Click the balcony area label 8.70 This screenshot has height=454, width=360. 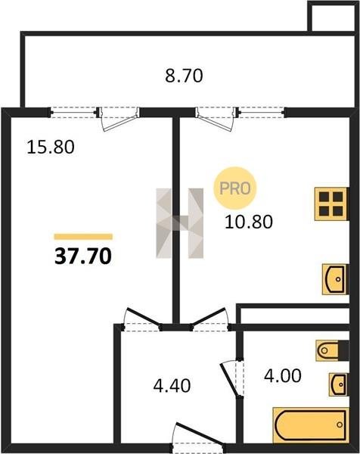[184, 76]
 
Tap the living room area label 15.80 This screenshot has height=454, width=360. [51, 147]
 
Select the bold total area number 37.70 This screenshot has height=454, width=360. [83, 257]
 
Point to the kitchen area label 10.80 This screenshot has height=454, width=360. [249, 222]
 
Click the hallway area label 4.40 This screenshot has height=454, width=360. [172, 385]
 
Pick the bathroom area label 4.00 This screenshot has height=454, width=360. [283, 375]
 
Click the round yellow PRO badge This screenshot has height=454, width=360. [235, 188]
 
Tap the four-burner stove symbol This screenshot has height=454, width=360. [332, 204]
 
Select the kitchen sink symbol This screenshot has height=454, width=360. [335, 279]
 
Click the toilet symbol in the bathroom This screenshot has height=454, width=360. [332, 350]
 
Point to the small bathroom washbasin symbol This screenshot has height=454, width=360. [338, 384]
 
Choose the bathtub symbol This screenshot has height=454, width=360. [311, 424]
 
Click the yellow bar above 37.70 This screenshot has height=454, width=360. [83, 237]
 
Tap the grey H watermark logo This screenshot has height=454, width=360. [179, 223]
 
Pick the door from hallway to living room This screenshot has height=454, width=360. [141, 319]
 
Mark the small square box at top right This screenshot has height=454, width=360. [332, 16]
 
